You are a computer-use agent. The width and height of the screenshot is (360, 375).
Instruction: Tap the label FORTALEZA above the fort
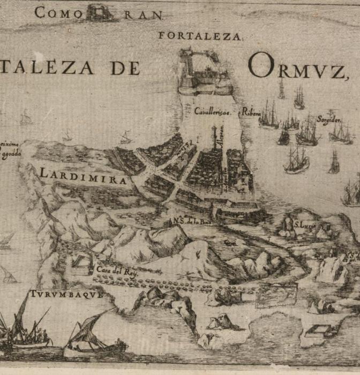tap(201, 36)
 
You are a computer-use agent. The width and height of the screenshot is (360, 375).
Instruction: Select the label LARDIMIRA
tap(84, 175)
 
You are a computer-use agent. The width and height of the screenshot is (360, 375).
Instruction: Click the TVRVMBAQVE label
tap(65, 295)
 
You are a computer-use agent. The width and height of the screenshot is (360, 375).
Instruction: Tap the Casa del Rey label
tap(117, 272)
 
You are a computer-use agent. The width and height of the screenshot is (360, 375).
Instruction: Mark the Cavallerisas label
tap(212, 112)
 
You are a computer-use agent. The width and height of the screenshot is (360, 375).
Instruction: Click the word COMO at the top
tap(58, 12)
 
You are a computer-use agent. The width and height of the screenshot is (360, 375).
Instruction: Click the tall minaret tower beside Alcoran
tap(215, 138)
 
